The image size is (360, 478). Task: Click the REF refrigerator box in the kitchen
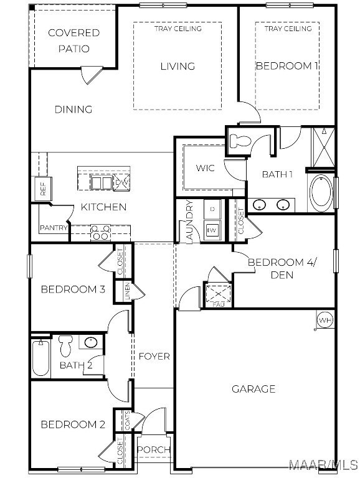coord(43,189)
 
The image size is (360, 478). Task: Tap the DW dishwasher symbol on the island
coord(121,182)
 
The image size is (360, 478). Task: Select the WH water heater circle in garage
coord(325,320)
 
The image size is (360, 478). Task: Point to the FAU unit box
coord(218,294)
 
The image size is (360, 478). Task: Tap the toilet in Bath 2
coord(65,345)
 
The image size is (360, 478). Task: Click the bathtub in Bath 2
coord(41,358)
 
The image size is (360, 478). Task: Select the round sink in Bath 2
coord(90,342)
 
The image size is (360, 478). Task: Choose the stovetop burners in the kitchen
coord(101,233)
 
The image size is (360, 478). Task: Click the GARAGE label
coord(253,389)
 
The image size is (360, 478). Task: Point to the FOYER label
coord(154,356)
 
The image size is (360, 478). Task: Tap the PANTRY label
coord(54,228)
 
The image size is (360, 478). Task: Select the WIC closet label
coord(205,168)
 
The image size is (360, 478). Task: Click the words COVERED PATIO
coord(74,40)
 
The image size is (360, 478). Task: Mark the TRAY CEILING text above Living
coord(178,29)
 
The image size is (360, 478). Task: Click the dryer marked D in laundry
coord(212,209)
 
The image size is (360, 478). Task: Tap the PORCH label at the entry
coord(153,449)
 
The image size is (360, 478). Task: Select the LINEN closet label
coord(127,291)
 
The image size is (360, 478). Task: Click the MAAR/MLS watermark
coord(323,465)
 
